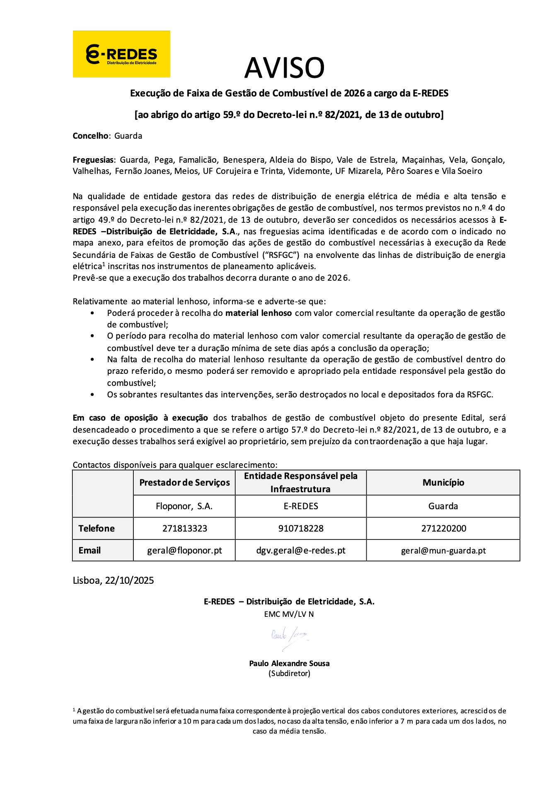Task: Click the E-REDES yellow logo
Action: click(121, 54)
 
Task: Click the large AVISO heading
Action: click(284, 68)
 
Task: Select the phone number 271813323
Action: click(184, 529)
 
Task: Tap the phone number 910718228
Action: click(301, 529)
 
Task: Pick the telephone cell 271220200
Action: click(443, 529)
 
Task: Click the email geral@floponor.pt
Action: click(184, 551)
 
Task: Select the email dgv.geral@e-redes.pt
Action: click(301, 551)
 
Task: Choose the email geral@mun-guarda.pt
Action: click(443, 551)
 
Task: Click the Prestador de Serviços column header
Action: click(184, 483)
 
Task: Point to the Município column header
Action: click(443, 483)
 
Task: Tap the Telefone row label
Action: click(97, 529)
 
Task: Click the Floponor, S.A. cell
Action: click(184, 506)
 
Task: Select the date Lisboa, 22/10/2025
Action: click(113, 580)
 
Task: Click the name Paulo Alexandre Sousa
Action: click(289, 663)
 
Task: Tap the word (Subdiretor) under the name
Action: click(289, 674)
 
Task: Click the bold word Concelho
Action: click(90, 136)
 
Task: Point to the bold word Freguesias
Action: click(93, 160)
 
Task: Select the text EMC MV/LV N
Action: click(289, 614)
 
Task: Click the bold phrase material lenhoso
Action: click(259, 313)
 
